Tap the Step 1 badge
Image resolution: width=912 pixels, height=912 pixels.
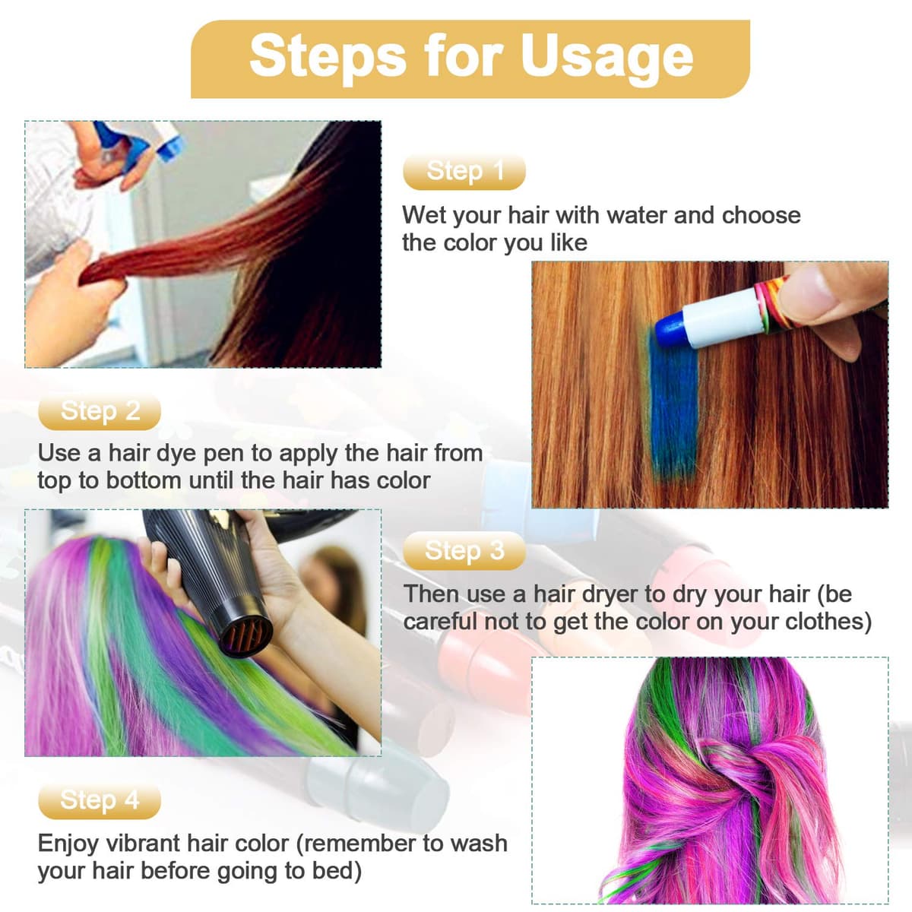point(464,171)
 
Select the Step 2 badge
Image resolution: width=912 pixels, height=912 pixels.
point(100,411)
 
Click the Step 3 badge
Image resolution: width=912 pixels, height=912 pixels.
point(464,550)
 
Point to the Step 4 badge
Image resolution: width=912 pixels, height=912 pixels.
point(100,800)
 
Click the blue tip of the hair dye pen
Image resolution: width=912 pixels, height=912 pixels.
point(670,328)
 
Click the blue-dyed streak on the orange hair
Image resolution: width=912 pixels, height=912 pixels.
point(673,407)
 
